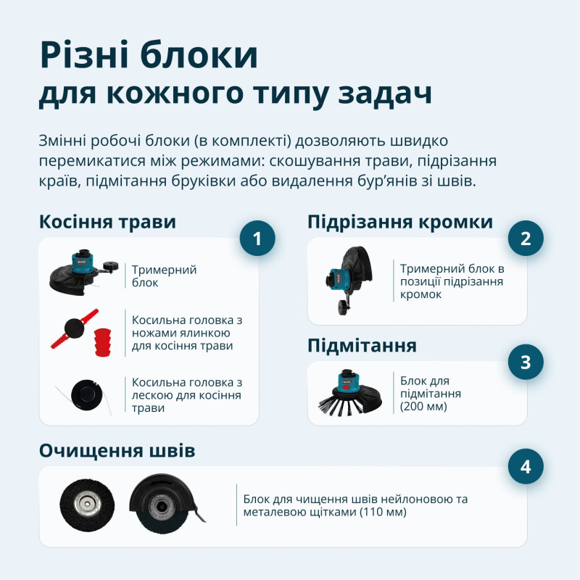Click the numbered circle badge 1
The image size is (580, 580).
(x=257, y=238)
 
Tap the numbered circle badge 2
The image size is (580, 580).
(x=526, y=238)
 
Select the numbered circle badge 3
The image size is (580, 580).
(x=526, y=362)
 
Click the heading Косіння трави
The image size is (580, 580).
(x=107, y=222)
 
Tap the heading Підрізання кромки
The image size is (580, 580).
(x=400, y=222)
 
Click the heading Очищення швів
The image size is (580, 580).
(x=117, y=451)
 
